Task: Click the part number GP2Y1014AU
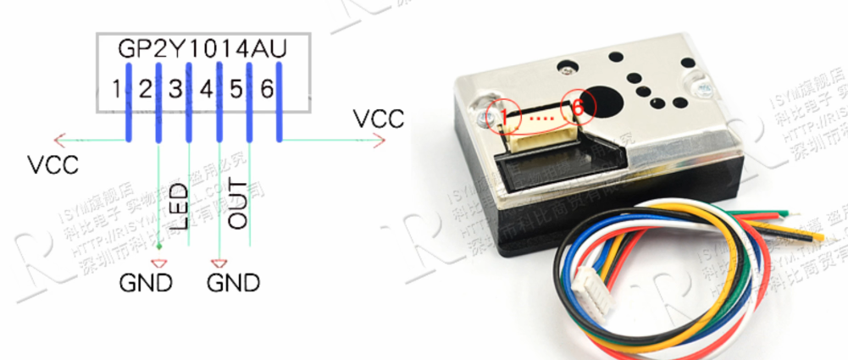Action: (201, 47)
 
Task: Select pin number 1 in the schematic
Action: (116, 88)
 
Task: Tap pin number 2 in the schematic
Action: (146, 88)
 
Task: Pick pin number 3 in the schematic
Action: (175, 88)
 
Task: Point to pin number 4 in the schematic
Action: (206, 88)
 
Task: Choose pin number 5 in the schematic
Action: (236, 88)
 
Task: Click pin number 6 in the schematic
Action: (267, 88)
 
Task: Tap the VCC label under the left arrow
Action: (53, 164)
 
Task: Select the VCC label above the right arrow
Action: (379, 118)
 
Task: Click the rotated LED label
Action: (179, 205)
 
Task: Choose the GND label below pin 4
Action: (233, 281)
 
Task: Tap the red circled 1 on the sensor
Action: (506, 112)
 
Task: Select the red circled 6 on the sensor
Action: (579, 107)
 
